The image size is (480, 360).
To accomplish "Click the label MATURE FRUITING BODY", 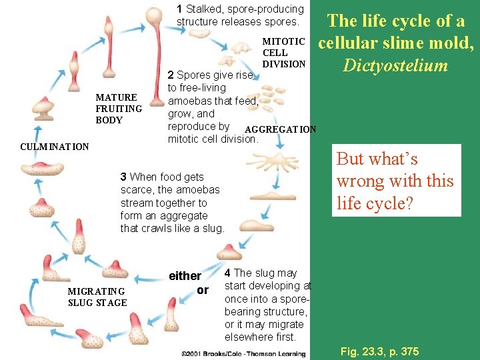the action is tap(119, 109).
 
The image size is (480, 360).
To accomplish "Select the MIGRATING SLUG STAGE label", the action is tap(97, 297).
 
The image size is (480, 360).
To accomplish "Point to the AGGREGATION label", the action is tap(281, 129).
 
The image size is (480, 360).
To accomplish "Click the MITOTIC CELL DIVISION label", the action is tap(283, 53).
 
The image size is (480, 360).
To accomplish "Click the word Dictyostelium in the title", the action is tap(395, 65).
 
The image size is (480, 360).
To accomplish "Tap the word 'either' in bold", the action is tap(185, 276).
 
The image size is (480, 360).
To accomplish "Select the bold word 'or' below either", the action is tap(203, 290).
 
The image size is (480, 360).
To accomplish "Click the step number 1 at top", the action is tap(180, 9).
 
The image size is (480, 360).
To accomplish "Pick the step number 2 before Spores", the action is tap(171, 75).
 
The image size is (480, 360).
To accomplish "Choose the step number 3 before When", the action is tap(123, 177).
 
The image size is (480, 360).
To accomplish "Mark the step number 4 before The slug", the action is tap(228, 273).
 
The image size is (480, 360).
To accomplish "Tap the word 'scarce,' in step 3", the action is tap(139, 190).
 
